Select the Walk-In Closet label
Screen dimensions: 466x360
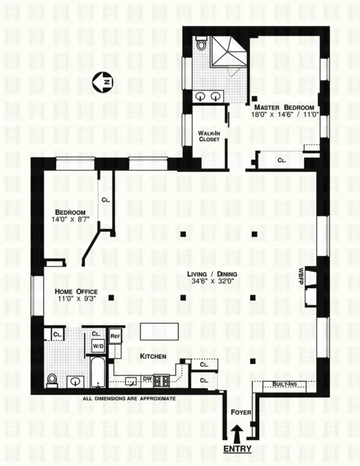(209, 136)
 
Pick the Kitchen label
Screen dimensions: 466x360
(152, 357)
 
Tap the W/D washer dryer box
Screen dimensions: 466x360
(97, 346)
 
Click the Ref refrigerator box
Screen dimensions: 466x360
(115, 336)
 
